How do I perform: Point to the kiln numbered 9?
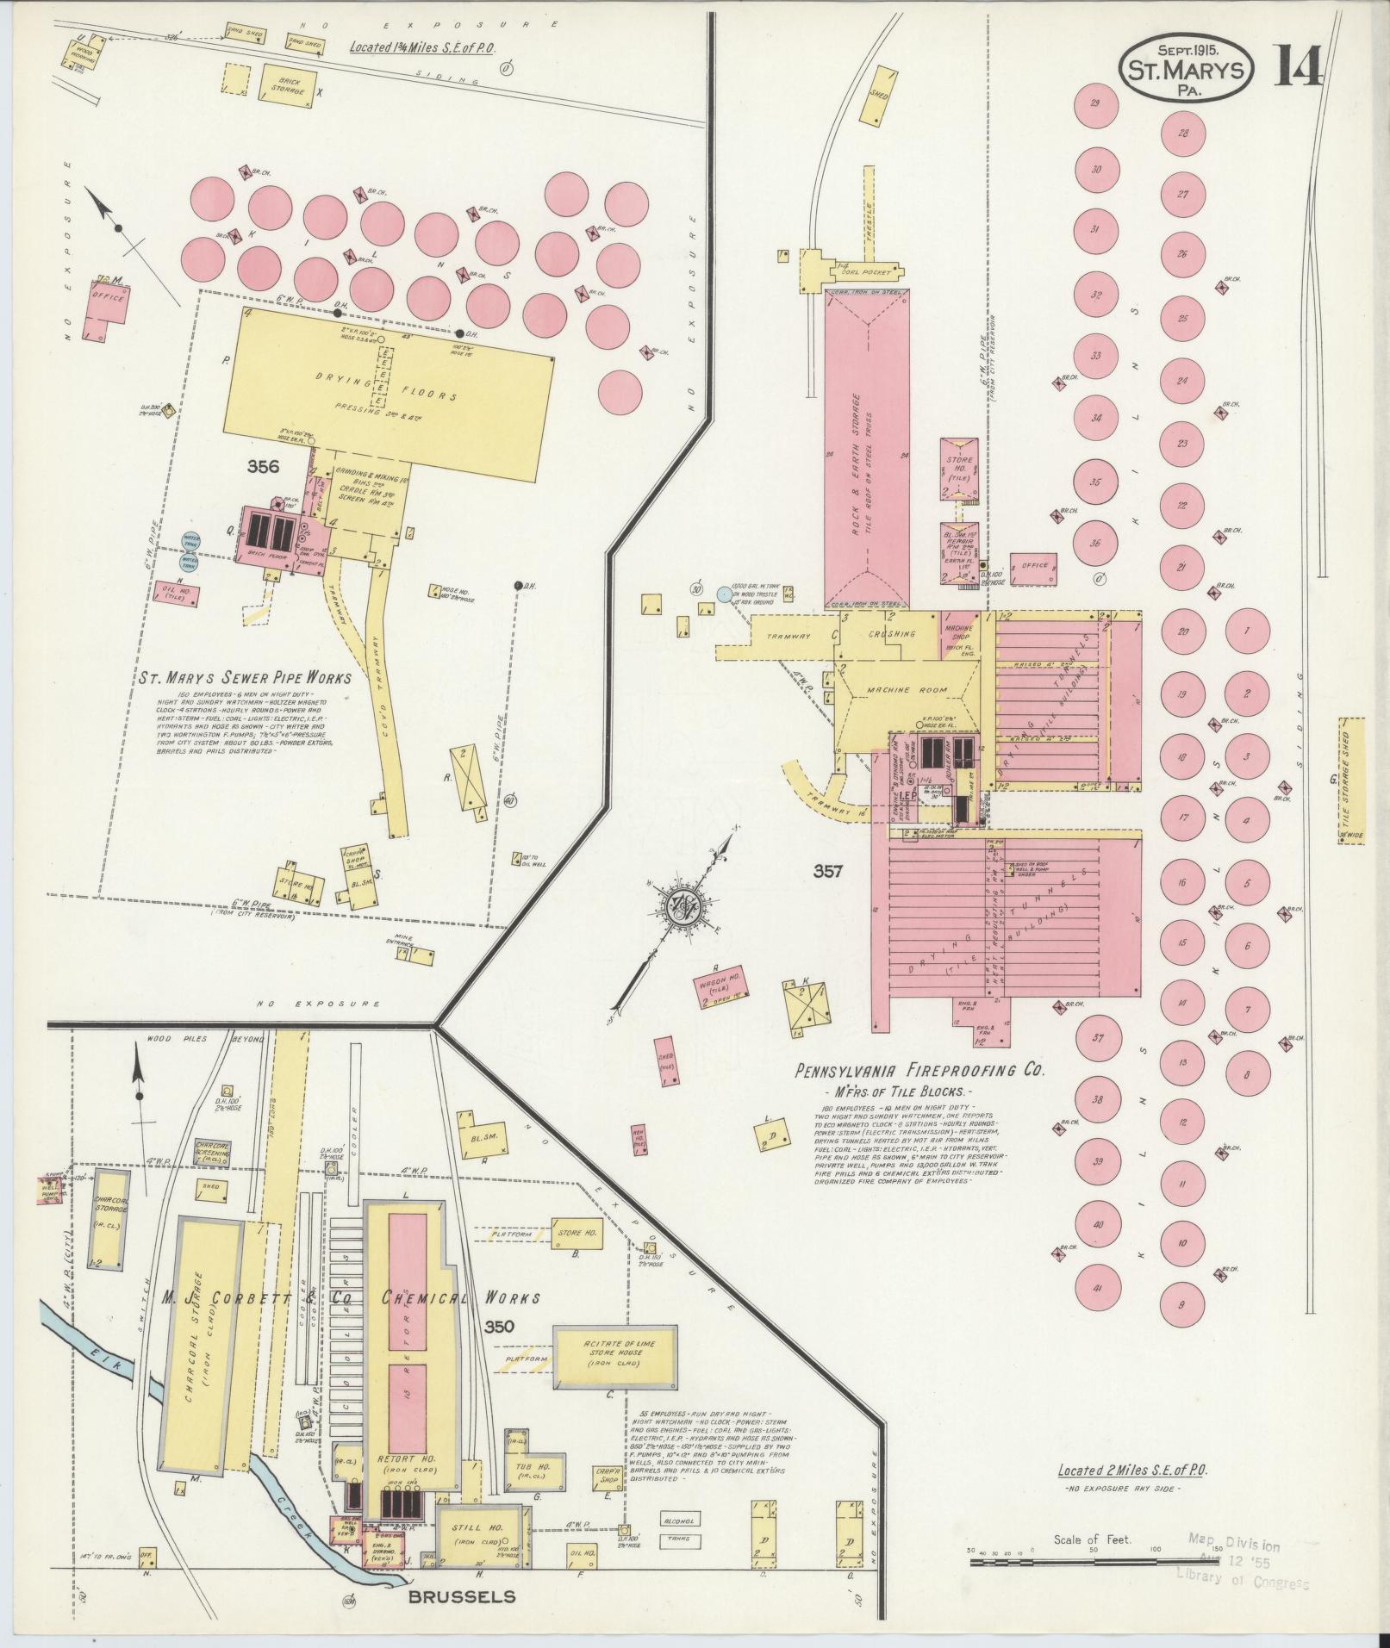click(1182, 1328)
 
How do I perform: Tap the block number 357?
click(828, 872)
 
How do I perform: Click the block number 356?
click(263, 467)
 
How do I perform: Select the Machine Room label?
click(909, 690)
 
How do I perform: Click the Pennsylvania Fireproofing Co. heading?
click(919, 1073)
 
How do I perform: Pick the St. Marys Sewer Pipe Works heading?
click(245, 678)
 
